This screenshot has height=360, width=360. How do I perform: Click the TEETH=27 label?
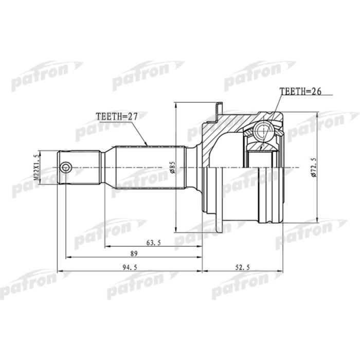pos(117,117)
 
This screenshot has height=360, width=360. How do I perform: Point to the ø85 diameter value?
pos(173,167)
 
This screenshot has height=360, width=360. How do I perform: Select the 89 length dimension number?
pos(134,254)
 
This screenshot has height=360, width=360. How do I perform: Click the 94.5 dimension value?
pos(128,266)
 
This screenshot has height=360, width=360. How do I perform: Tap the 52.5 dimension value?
pos(241,266)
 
